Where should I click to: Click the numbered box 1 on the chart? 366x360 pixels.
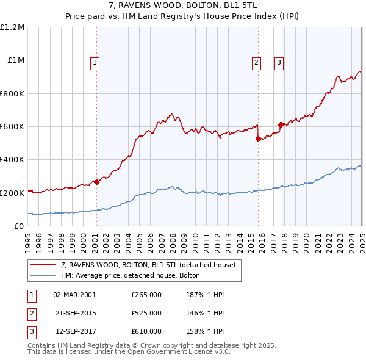96,62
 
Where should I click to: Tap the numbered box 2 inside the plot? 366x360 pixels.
256,62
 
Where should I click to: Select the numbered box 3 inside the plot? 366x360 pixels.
278,62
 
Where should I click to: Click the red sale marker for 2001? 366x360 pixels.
96,182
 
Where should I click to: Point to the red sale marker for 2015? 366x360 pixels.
258,139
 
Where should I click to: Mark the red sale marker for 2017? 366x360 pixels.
281,124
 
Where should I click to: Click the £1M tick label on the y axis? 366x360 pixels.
15,60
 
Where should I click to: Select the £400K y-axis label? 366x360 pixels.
12,160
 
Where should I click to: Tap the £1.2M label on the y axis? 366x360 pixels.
12,27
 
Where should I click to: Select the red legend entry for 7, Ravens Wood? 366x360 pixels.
151,265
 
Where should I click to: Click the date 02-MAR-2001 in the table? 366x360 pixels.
74,294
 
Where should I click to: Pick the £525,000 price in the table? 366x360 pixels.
146,313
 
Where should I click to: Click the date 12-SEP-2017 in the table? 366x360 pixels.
74,331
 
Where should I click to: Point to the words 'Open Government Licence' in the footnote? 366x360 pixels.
173,352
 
